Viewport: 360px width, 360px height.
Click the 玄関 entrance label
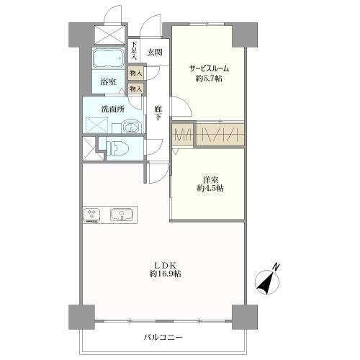tap(155, 52)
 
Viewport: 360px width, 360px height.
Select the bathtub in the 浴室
tap(109, 57)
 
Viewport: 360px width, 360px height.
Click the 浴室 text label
tap(109, 83)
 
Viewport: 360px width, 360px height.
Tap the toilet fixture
tap(119, 149)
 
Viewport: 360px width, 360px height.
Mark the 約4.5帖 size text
tap(210, 188)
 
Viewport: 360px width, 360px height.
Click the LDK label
tap(165, 263)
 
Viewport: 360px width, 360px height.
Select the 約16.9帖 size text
tap(165, 274)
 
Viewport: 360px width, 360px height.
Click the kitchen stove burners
tap(93, 215)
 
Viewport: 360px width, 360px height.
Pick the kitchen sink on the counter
tap(120, 215)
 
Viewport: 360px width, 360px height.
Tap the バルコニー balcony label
tap(163, 337)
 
